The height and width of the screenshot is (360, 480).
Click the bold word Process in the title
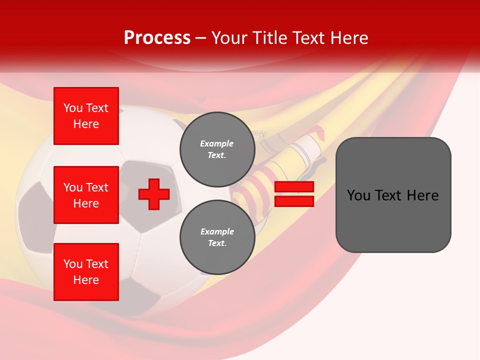[x=157, y=37]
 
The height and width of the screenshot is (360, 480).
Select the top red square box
[x=86, y=116]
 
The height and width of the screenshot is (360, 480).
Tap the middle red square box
[x=86, y=195]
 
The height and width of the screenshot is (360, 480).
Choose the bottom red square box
[x=86, y=272]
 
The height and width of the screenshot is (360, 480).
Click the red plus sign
[x=154, y=194]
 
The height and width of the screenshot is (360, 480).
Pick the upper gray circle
[x=217, y=149]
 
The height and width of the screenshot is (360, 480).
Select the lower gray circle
[x=217, y=237]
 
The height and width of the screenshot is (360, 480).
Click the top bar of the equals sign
[x=294, y=187]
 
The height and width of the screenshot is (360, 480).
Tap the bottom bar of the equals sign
[x=294, y=201]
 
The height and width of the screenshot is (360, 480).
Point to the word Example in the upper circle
[x=217, y=143]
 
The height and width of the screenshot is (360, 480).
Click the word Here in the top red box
[x=86, y=124]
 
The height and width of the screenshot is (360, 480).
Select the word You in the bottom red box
[x=72, y=264]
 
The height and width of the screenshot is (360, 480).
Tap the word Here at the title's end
[x=349, y=37]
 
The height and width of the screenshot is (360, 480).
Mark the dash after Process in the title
[x=200, y=38]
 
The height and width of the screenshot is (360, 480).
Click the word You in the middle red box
[x=72, y=187]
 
